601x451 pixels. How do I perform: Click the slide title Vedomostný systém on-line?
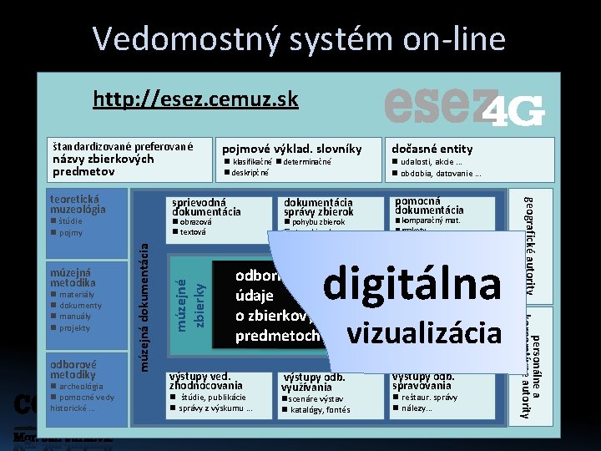click(300, 38)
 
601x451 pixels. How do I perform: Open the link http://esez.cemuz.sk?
click(195, 100)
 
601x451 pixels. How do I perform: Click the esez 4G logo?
click(464, 107)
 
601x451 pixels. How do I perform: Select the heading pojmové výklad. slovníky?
click(291, 149)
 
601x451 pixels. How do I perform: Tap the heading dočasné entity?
click(432, 149)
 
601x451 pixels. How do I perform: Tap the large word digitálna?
click(412, 283)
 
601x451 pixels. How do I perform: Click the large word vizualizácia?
click(423, 332)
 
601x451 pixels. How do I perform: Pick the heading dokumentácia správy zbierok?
click(319, 207)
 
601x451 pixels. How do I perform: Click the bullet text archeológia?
click(81, 387)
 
